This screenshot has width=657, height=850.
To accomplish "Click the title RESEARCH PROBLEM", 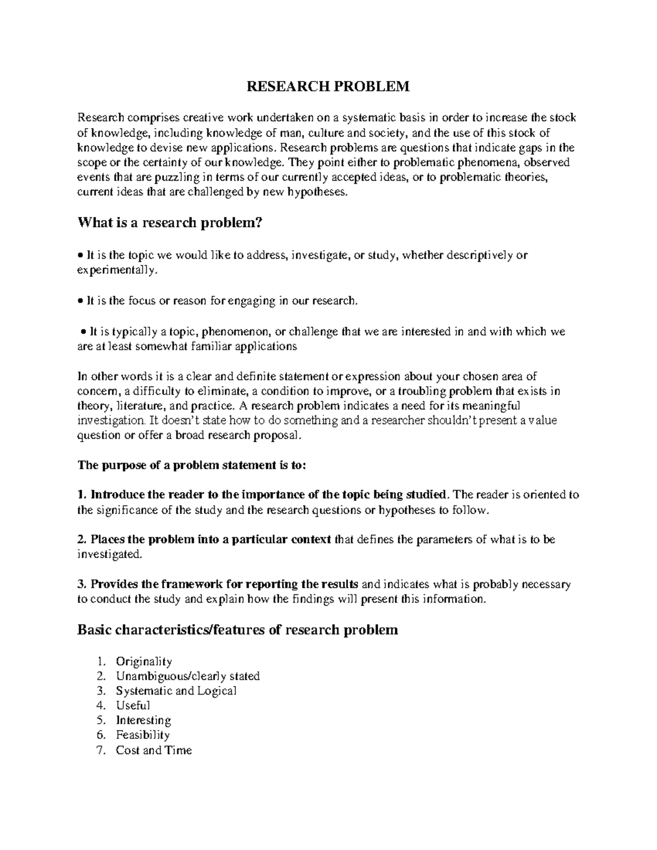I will click(x=328, y=87).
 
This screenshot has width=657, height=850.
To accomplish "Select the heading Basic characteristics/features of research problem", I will click(x=238, y=630).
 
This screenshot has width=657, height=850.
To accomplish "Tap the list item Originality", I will click(x=144, y=661).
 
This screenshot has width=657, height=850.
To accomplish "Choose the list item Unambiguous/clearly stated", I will click(x=188, y=676).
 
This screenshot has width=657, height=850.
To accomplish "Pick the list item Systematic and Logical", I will click(x=176, y=691).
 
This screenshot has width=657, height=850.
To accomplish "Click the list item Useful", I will click(x=132, y=706).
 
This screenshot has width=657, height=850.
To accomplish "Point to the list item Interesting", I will click(x=143, y=720).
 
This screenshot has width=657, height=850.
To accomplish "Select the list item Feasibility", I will click(x=143, y=735).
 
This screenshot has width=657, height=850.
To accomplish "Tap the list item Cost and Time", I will click(x=154, y=750).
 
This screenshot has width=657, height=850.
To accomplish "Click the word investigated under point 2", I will click(x=109, y=554).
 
